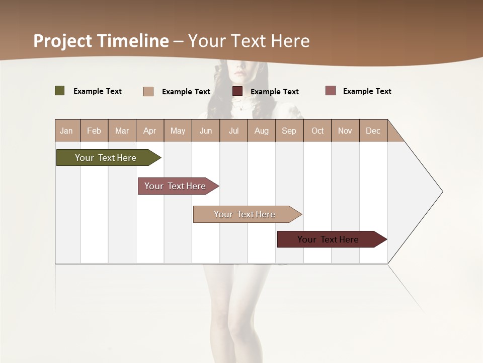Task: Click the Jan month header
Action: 66,131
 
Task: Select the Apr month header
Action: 149,131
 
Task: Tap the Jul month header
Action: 233,131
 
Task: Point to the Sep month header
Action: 289,131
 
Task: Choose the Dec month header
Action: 373,131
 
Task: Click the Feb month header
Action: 94,131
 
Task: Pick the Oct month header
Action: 317,131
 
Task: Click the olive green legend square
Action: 60,91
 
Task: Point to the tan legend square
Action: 148,91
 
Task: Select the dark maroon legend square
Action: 237,91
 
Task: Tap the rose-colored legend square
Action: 331,91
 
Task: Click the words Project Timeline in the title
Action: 101,41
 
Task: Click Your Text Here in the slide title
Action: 249,41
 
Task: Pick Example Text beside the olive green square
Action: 98,91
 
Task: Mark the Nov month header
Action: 345,131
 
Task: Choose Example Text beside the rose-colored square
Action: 367,91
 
